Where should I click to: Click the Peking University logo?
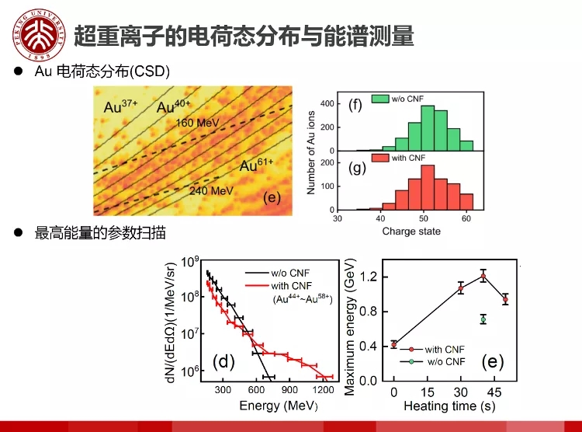36,35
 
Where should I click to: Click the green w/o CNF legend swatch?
380,99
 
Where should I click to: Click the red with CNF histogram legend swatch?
380,159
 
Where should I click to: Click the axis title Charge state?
411,231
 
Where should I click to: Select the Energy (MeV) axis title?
271,406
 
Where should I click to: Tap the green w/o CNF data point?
483,319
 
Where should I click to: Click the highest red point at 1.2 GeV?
483,276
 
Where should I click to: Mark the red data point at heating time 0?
394,343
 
